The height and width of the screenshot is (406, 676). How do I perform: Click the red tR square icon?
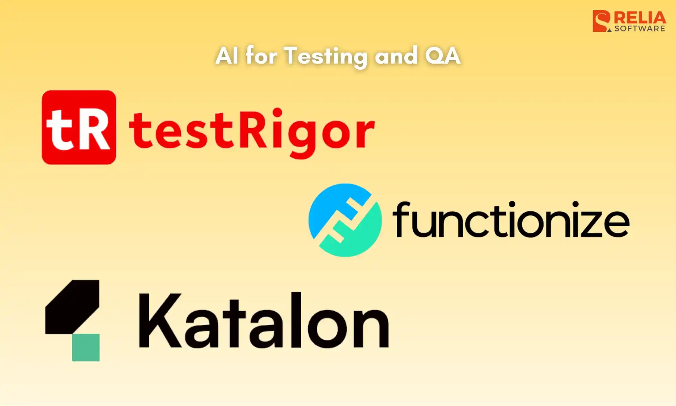tap(79, 127)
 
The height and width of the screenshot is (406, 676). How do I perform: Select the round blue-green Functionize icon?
tap(345, 220)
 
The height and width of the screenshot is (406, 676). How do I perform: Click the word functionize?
tap(510, 220)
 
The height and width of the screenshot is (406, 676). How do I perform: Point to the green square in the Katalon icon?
tap(86, 347)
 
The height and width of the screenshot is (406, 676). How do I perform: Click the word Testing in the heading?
tap(326, 56)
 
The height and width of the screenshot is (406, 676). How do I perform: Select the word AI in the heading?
tap(226, 56)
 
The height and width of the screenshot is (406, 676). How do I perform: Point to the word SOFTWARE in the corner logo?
tap(639, 29)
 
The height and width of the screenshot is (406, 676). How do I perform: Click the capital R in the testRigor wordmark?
tap(254, 129)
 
